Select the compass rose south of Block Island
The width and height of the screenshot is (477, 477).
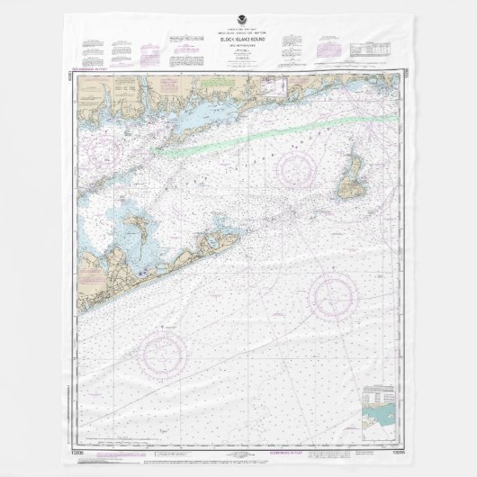[333, 292]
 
